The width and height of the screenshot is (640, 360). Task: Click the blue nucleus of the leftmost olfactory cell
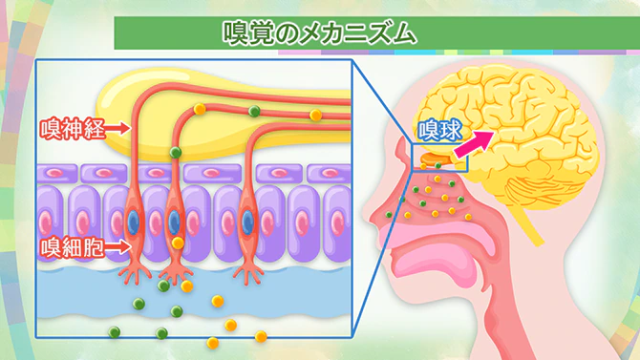(x=133, y=221)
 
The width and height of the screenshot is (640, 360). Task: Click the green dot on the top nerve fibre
(x=254, y=112)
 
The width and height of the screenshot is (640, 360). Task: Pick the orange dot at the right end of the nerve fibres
(x=315, y=116)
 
